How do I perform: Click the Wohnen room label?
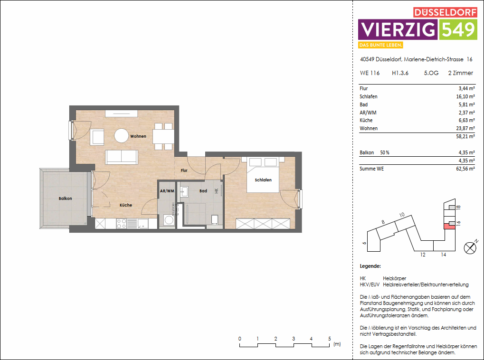click(x=138, y=136)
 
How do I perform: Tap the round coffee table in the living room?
click(x=122, y=136)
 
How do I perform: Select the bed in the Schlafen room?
click(x=263, y=175)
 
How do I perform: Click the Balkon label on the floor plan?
click(x=66, y=199)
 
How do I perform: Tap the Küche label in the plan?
click(x=126, y=205)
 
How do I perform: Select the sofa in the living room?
click(x=122, y=156)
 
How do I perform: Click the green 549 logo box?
click(x=458, y=29)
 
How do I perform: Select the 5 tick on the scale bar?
click(x=329, y=339)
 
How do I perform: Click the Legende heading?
click(x=370, y=266)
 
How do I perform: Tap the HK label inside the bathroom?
click(x=216, y=191)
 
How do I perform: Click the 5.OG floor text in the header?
click(x=431, y=73)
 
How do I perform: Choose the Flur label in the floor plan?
click(x=184, y=170)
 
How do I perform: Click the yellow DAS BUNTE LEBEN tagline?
click(x=381, y=45)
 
